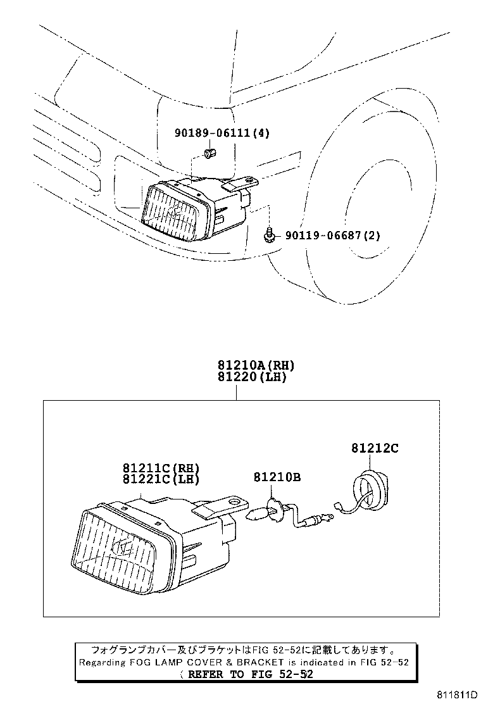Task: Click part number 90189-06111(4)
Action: [222, 133]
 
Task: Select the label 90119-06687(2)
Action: [332, 236]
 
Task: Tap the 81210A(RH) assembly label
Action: [256, 365]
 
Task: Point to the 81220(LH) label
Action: [252, 377]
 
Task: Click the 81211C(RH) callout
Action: [161, 468]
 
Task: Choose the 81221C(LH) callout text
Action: [161, 479]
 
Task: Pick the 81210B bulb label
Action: [277, 477]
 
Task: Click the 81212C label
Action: [375, 448]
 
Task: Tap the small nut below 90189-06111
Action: [209, 153]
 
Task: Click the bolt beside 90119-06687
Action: [270, 236]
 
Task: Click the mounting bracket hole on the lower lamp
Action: [234, 501]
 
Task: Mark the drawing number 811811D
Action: [456, 695]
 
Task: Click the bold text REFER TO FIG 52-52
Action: [251, 674]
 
